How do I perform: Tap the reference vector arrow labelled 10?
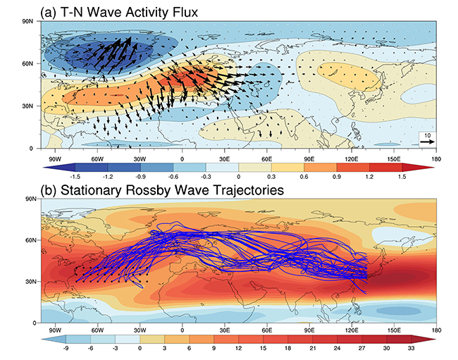click(426, 141)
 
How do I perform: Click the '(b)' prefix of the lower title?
click(51, 190)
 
